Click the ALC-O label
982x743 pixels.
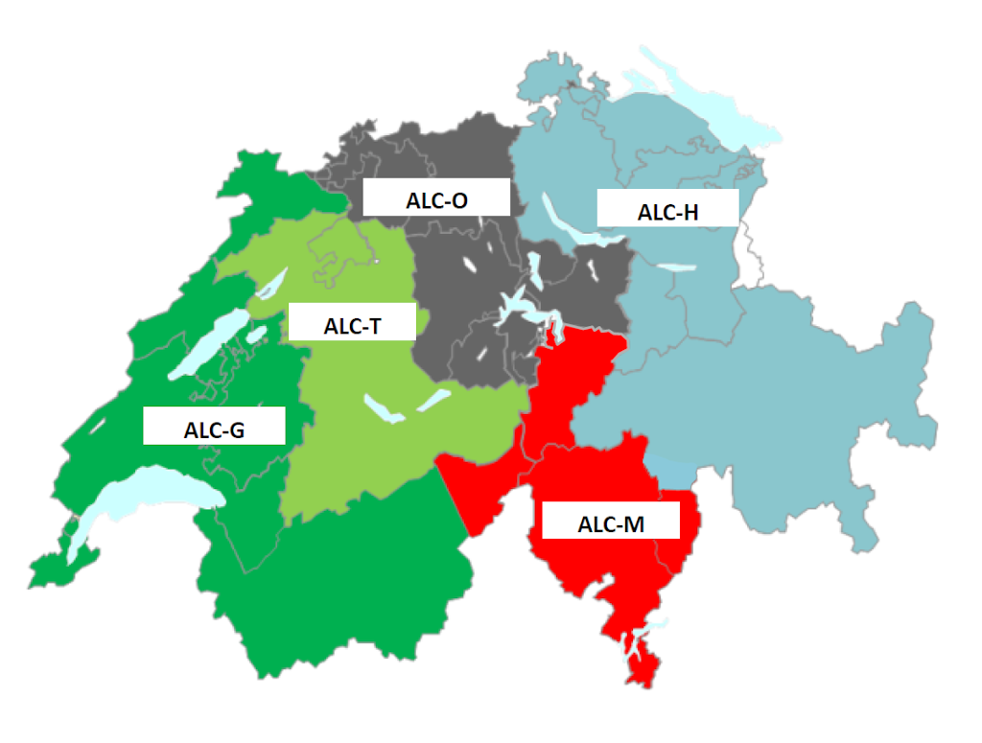(x=435, y=199)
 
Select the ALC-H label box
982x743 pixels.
(x=667, y=208)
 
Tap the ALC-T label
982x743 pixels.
(x=352, y=323)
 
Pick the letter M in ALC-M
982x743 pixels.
(x=635, y=525)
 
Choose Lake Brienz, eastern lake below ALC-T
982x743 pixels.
(x=434, y=398)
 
